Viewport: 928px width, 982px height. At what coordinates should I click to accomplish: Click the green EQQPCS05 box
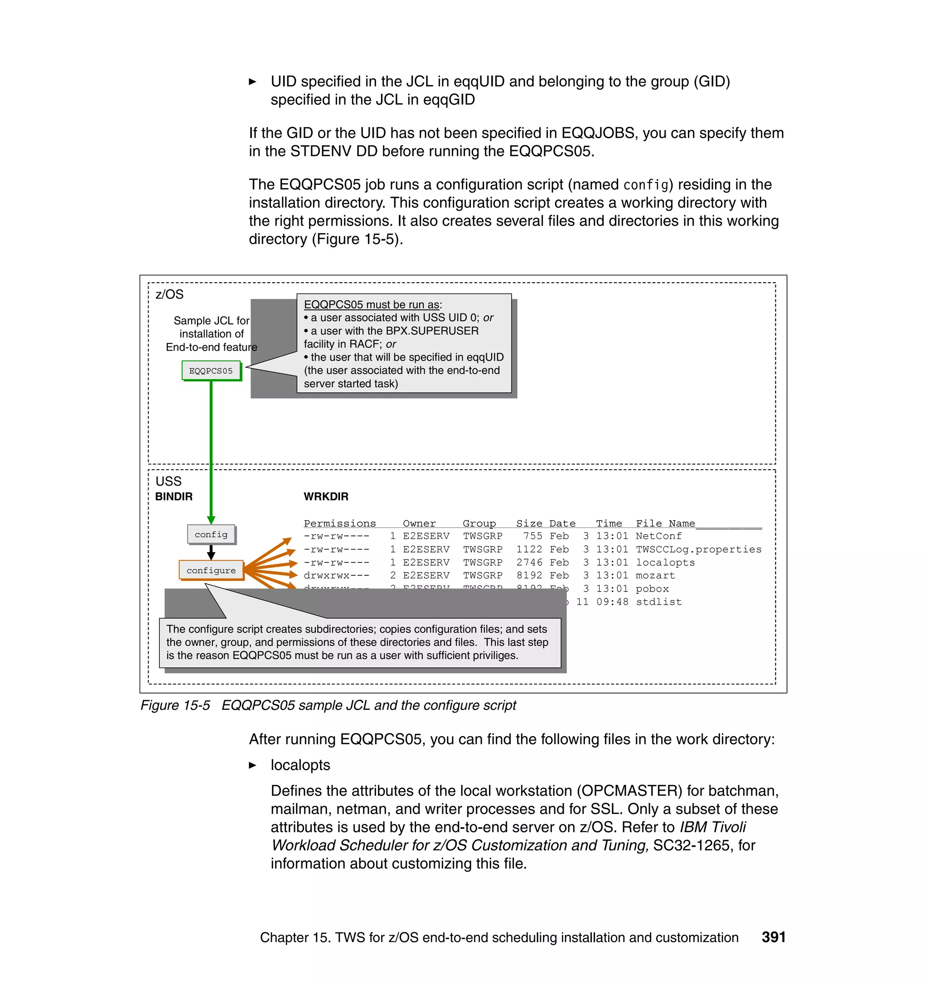[x=211, y=371]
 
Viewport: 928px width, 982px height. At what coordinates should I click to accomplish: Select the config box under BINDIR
[x=211, y=534]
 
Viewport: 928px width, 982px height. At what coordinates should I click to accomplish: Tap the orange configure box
[x=211, y=570]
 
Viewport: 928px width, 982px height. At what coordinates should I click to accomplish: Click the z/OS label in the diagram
[x=169, y=294]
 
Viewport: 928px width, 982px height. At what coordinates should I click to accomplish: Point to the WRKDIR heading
[x=325, y=496]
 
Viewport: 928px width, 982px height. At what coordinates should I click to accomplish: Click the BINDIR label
[x=174, y=496]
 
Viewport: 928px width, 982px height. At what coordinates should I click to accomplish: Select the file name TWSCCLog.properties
[x=698, y=549]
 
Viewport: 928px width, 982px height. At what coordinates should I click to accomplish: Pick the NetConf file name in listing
[x=658, y=536]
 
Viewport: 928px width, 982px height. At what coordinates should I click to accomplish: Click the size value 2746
[x=529, y=563]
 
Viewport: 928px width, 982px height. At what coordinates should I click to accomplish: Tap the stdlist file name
[x=658, y=602]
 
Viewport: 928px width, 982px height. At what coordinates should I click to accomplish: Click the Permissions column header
[x=339, y=523]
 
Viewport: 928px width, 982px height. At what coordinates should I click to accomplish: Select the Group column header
[x=479, y=523]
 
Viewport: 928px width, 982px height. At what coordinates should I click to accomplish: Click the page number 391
[x=773, y=937]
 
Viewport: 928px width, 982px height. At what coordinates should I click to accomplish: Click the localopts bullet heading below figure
[x=300, y=765]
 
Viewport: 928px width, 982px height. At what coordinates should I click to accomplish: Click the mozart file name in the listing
[x=655, y=576]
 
